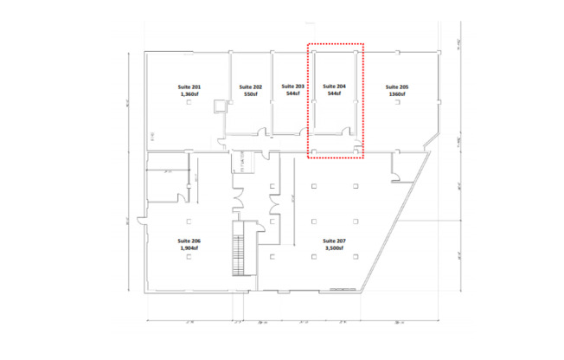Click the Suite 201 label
189,87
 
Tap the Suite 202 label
252,87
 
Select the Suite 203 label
293,87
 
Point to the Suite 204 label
333,87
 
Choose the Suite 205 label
397,87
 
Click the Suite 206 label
189,240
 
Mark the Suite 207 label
334,240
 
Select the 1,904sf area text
189,247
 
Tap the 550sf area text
252,95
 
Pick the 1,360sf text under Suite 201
189,95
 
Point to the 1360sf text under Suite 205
397,95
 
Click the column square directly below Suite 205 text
397,104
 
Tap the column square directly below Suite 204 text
333,104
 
